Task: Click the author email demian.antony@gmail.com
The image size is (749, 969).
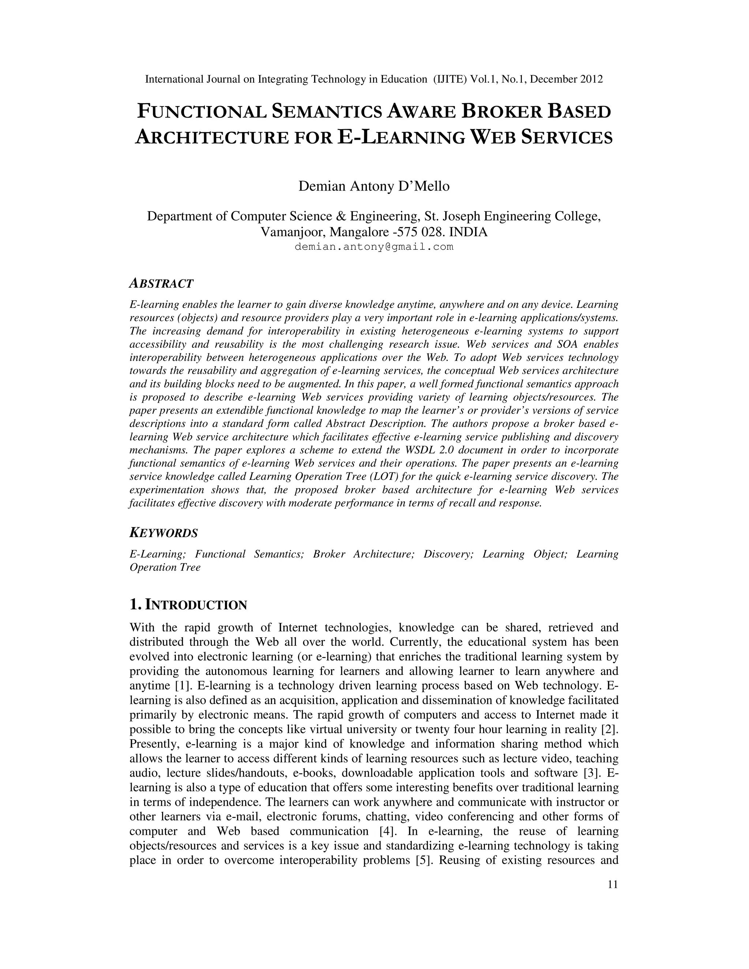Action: [374, 247]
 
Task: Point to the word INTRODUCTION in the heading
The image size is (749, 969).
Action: [196, 605]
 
